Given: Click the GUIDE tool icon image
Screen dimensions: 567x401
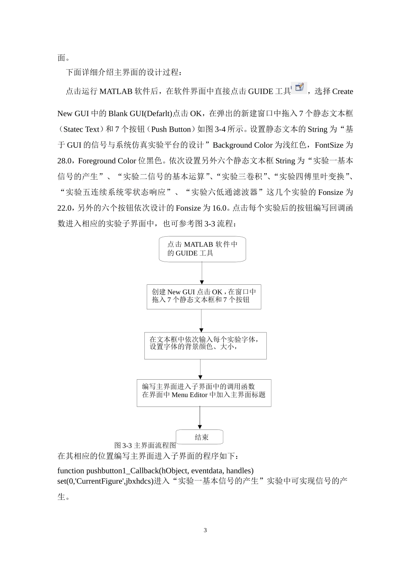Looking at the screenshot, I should click(300, 87).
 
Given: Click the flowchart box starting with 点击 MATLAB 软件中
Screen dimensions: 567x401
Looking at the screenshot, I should click(202, 249).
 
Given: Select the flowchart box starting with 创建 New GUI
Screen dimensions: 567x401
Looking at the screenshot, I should click(204, 297).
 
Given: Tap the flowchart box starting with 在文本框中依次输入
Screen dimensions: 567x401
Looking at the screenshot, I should click(205, 345).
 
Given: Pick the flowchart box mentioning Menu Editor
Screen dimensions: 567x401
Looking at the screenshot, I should click(204, 392).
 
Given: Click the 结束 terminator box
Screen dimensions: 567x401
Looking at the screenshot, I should click(199, 437).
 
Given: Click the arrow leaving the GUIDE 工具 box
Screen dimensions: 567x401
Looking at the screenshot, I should click(202, 273).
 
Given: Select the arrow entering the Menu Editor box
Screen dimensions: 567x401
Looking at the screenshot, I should click(200, 369).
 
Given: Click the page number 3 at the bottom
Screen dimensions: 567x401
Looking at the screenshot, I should click(205, 530).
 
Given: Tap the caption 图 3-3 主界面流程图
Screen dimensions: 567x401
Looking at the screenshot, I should click(145, 445).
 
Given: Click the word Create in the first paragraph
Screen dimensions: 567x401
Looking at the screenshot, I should click(342, 92).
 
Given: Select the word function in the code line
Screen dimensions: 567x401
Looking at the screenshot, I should click(71, 471).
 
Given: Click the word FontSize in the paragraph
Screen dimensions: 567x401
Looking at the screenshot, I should click(329, 145).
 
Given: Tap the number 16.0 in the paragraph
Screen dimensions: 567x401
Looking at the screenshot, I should click(219, 208).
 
